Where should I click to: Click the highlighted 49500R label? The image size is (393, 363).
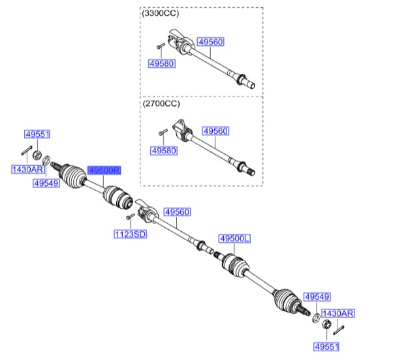104,170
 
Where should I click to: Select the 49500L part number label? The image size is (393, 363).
234,238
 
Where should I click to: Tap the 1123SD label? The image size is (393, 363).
131,234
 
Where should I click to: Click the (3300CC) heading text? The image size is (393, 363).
161,13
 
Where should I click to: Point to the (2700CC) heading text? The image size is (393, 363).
161,103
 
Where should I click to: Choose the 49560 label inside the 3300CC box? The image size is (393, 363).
210,42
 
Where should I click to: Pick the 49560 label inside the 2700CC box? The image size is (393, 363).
215,131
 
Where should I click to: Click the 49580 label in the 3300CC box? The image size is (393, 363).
162,63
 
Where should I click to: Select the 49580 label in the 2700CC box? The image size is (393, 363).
164,151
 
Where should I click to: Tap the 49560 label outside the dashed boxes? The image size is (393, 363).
177,212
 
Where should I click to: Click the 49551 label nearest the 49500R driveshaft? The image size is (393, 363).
37,134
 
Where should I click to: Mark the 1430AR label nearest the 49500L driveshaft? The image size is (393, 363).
338,313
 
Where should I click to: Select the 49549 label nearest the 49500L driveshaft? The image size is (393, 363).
317,297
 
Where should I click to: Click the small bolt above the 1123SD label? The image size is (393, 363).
131,216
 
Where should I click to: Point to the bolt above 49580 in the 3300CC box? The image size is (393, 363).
161,46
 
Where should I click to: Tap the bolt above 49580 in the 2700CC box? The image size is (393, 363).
163,132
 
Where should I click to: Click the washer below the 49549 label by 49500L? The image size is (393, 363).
317,318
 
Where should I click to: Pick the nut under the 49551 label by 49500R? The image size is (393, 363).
37,155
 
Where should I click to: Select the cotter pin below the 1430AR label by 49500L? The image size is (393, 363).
339,330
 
